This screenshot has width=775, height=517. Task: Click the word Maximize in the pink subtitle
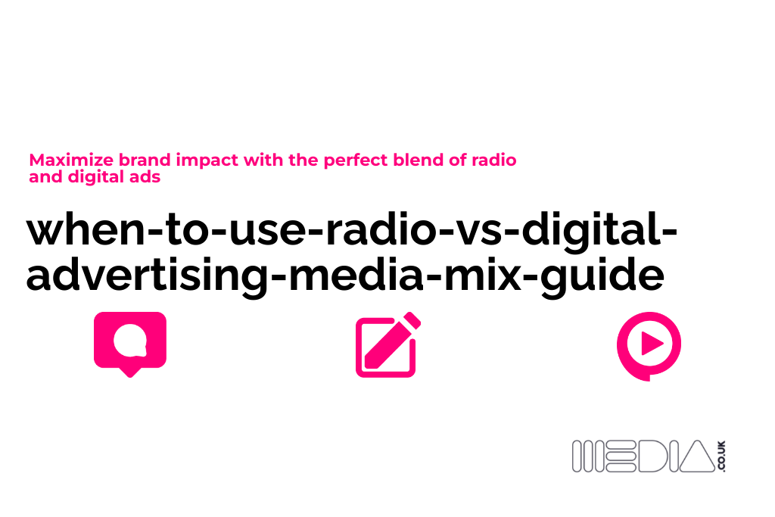tap(61, 160)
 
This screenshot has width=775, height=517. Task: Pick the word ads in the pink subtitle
tap(146, 178)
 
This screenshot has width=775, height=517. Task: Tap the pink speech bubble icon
tap(129, 343)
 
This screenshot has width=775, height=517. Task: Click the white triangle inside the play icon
tap(651, 344)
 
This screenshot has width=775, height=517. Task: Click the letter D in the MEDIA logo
tap(645, 457)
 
